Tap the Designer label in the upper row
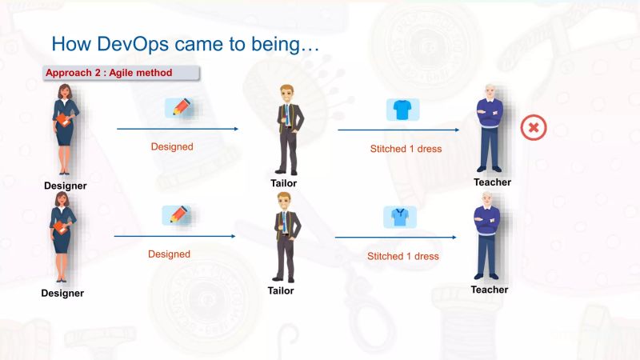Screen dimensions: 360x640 coord(66,186)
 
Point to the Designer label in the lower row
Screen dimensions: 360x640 coord(62,293)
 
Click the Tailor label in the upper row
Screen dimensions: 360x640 coord(284,183)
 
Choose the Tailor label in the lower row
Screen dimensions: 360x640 coord(281,290)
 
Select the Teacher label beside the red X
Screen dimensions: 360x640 coord(492,182)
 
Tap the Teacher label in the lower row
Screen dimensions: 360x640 coord(489,289)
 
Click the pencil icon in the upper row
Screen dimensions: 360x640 coord(179,107)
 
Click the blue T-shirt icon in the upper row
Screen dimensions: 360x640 coord(402,109)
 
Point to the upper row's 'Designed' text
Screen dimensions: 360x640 coord(172,146)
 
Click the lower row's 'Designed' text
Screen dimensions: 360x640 coord(169,254)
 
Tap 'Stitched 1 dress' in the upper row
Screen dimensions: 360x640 coord(406,149)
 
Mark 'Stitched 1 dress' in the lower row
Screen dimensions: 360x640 coord(402,256)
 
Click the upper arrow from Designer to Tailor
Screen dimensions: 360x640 coord(178,129)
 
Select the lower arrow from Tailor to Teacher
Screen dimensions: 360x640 coord(395,237)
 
